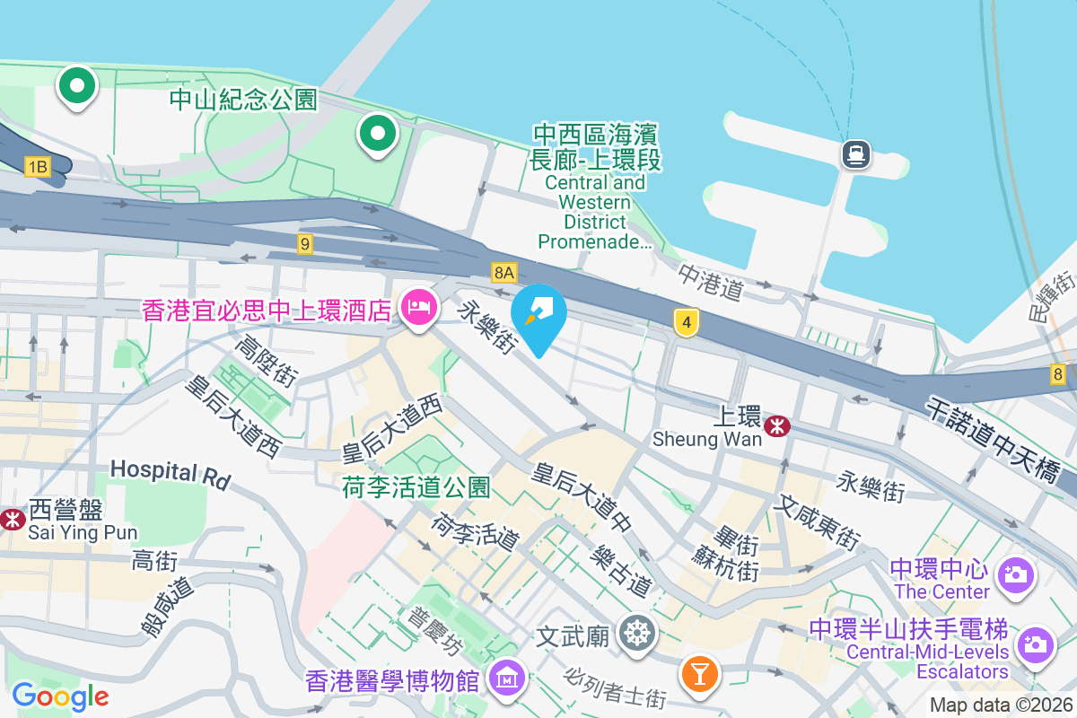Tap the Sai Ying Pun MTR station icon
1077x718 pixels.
pos(13,519)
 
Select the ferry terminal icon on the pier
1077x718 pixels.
pos(855,154)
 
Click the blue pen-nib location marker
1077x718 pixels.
pos(538,316)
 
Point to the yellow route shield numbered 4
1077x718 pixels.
pos(687,321)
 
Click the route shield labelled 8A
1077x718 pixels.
pos(504,272)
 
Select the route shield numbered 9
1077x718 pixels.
pos(305,243)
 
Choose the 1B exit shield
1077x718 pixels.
pos(37,166)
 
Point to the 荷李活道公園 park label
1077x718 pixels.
pos(416,487)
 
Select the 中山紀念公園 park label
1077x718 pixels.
pos(243,99)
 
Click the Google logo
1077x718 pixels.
pos(60,696)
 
